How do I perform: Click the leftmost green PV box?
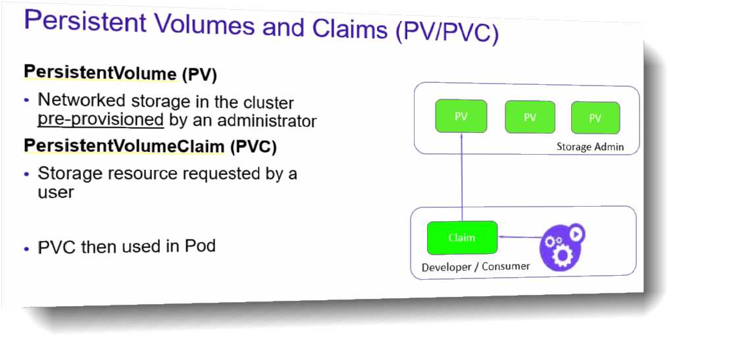(461, 116)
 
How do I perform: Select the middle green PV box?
(530, 117)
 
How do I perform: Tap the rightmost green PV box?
(595, 118)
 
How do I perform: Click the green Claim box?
(462, 238)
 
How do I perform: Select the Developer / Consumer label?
(476, 267)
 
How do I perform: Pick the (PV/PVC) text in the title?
(447, 33)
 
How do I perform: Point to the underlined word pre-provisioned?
(101, 120)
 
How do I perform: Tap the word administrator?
(268, 121)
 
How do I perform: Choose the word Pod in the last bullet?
(200, 246)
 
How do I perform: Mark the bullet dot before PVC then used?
(26, 249)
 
